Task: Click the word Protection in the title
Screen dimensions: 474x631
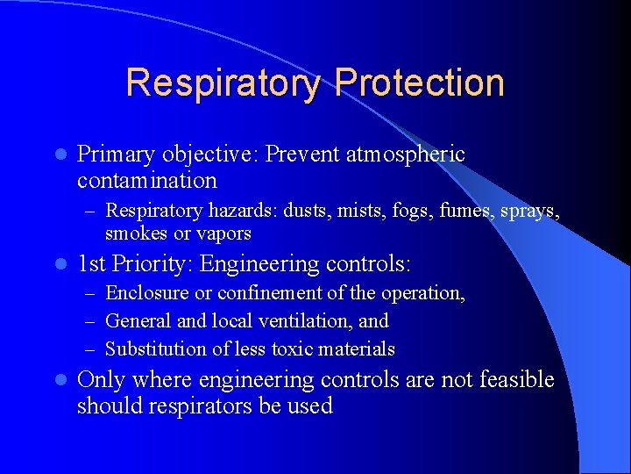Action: tap(419, 83)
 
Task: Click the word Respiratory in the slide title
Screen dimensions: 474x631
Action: tap(223, 83)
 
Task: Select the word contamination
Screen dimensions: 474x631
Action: tap(146, 181)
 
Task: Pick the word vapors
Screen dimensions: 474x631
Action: tap(223, 233)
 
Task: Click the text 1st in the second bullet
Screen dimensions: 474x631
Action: tap(93, 263)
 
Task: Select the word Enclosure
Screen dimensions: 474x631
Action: tap(146, 293)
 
